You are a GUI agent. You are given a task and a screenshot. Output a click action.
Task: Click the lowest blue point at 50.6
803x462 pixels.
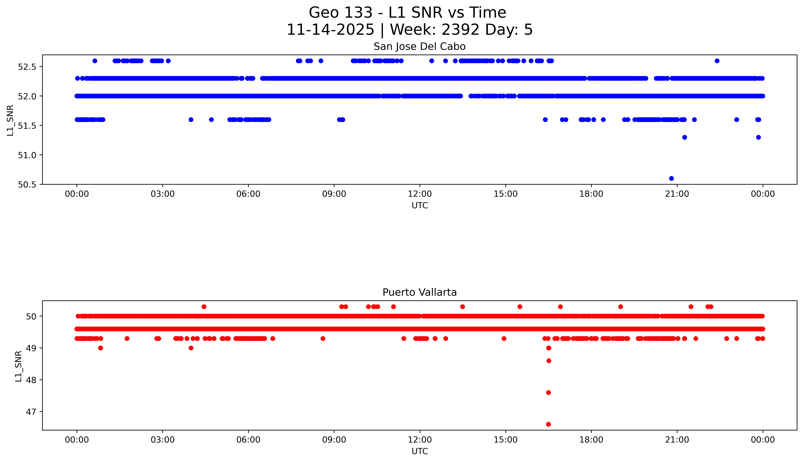click(x=671, y=178)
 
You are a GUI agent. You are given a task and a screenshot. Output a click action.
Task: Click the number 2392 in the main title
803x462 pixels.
click(x=460, y=30)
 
